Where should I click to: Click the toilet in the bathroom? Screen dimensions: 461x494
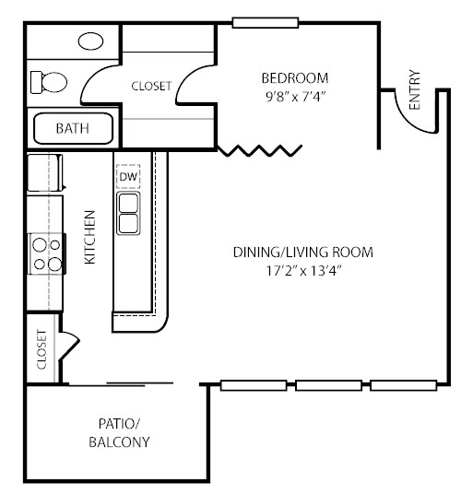(x=49, y=82)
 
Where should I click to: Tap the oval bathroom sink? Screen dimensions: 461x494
(x=90, y=41)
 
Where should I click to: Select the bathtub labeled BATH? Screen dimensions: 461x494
(x=73, y=128)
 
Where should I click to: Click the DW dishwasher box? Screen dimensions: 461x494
(x=128, y=176)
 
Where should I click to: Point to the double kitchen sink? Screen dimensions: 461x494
(x=128, y=213)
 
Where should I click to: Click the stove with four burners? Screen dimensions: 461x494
(x=47, y=253)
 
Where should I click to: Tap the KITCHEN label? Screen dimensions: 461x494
(x=89, y=237)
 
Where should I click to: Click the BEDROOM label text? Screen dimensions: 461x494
(x=295, y=78)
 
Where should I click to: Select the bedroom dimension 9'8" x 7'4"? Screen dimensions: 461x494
(x=295, y=97)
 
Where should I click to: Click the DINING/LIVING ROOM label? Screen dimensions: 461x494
(x=303, y=253)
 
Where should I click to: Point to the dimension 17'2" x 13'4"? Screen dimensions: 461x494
(x=303, y=271)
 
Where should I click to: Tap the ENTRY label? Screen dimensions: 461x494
(x=415, y=89)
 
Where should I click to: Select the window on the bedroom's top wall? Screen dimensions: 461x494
(x=266, y=23)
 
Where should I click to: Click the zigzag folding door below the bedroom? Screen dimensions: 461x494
(x=260, y=150)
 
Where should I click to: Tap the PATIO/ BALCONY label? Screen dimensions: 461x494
(x=119, y=433)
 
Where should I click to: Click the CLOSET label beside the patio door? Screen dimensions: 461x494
(x=41, y=349)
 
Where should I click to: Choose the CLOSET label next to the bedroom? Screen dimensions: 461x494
(x=151, y=86)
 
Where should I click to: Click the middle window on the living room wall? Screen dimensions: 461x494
(x=328, y=385)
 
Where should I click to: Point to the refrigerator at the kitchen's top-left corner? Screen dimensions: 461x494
(x=45, y=172)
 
